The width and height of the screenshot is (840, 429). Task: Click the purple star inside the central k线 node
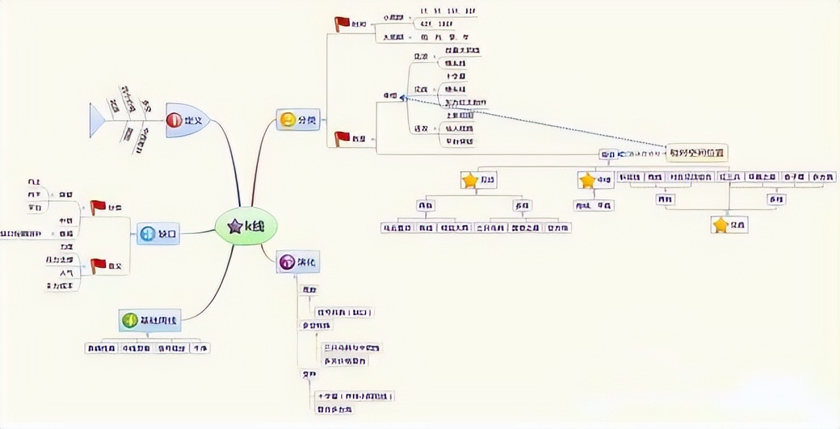(234, 226)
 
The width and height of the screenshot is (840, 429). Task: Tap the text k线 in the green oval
(255, 226)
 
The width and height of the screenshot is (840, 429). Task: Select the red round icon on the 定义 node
(174, 120)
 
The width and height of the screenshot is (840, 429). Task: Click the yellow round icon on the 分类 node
(287, 120)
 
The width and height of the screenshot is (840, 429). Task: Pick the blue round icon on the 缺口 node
(148, 233)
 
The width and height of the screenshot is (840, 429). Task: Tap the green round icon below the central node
(130, 320)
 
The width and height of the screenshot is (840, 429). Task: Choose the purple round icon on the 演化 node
(287, 262)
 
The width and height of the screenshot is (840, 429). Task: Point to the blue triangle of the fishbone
(96, 121)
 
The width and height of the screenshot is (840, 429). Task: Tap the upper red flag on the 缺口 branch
(98, 207)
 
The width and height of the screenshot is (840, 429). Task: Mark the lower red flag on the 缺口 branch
(98, 265)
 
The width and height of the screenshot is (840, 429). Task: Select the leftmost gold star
(469, 180)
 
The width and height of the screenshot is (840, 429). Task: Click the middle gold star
(587, 180)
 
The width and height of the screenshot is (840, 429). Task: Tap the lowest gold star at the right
(721, 225)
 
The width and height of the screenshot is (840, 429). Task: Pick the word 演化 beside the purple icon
(307, 262)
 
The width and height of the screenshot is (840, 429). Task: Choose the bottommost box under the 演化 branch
(334, 409)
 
